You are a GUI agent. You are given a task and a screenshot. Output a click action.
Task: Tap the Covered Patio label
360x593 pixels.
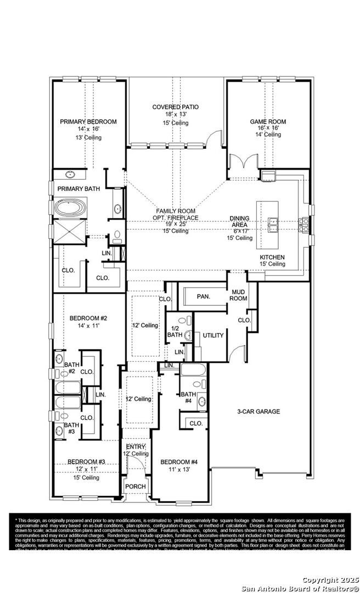(176, 107)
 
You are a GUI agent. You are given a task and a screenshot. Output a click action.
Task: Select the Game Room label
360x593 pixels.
(268, 121)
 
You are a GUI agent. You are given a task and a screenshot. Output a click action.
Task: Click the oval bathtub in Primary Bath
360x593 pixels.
(70, 209)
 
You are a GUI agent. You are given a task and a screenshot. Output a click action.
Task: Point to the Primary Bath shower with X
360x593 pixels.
(70, 231)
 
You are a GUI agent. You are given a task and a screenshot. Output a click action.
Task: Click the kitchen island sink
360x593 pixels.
(273, 223)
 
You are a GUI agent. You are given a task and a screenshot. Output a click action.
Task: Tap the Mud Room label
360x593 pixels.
(239, 295)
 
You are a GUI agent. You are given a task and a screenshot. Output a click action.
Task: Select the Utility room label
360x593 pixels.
(213, 335)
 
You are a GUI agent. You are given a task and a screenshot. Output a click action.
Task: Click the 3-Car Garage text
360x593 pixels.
(258, 411)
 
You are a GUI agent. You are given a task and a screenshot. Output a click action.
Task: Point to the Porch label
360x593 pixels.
(136, 486)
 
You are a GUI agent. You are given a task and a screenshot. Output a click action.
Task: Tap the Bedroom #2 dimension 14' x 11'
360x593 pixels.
(88, 326)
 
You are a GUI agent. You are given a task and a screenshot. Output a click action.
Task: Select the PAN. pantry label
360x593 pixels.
(204, 296)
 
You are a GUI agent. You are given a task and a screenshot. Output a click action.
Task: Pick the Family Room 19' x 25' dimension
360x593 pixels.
(176, 224)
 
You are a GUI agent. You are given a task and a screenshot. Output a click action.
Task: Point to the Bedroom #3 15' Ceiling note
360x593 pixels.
(87, 478)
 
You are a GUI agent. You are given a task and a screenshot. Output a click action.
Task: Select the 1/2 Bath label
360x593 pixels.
(175, 331)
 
